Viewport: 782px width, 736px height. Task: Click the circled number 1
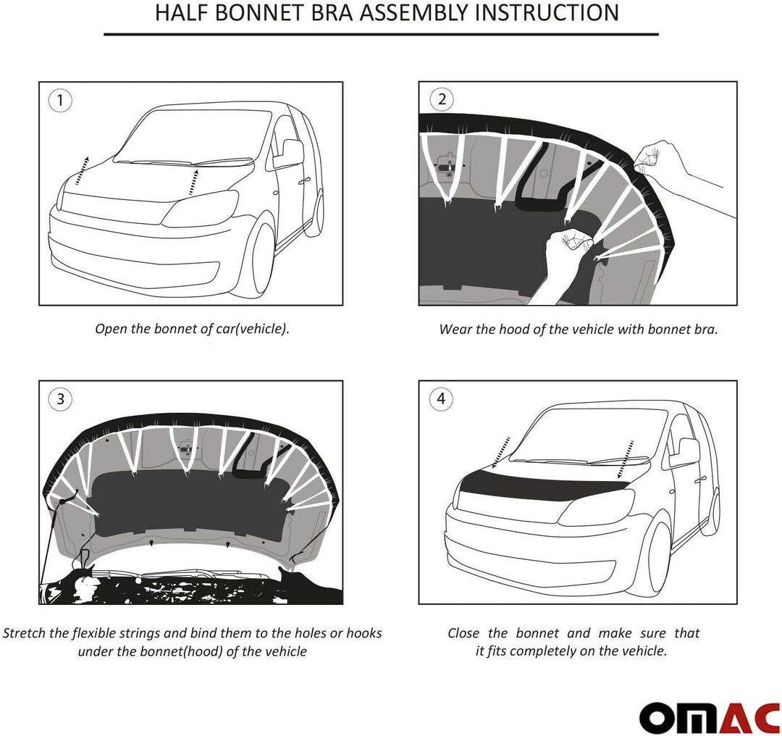coord(61,100)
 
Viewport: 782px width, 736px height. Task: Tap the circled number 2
coord(441,100)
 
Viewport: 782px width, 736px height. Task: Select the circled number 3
coord(61,398)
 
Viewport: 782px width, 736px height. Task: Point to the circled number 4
coord(441,398)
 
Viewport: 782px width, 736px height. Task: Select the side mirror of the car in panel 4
coord(685,452)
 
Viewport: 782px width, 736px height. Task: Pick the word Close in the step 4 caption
coord(463,633)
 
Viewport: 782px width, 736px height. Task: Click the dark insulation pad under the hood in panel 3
coord(188,507)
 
